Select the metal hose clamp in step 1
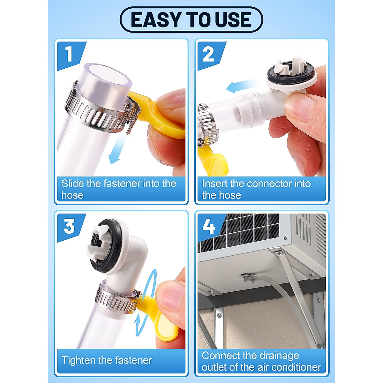pyautogui.click(x=96, y=109)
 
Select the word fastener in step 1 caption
pyautogui.click(x=122, y=184)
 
